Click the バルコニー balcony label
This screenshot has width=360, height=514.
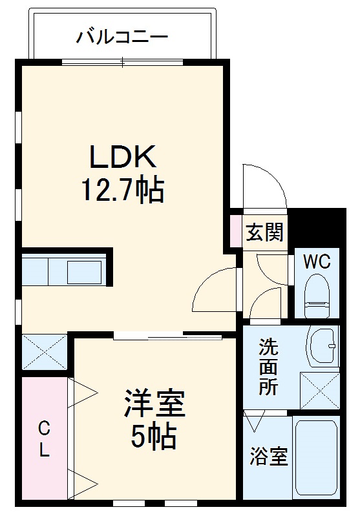click(122, 36)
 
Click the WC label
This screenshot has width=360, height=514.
click(317, 262)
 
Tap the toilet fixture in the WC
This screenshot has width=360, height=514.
click(318, 294)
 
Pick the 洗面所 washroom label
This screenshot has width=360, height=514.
click(268, 367)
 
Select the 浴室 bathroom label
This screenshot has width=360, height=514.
click(268, 457)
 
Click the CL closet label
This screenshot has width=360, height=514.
click(43, 439)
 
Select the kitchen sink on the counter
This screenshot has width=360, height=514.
click(84, 272)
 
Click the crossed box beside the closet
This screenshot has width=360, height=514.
click(44, 353)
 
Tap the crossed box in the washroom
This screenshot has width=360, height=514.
click(319, 389)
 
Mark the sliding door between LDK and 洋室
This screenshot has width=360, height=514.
click(168, 336)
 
